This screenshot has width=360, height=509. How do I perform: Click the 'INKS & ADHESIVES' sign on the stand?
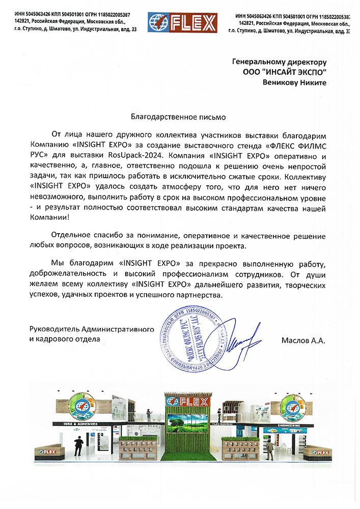click(x=79, y=423)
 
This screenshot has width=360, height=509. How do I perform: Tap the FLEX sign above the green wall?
click(x=185, y=402)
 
